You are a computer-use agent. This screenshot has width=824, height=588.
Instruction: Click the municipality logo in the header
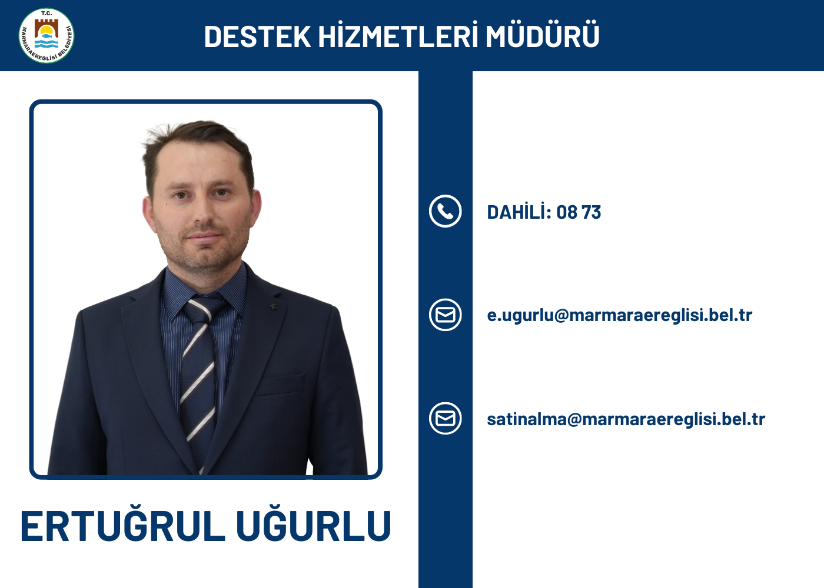click(x=46, y=36)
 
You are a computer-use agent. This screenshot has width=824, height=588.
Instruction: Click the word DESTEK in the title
click(x=258, y=36)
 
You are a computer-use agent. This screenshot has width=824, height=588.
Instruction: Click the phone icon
click(x=445, y=211)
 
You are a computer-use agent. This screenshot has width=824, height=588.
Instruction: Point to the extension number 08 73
click(x=579, y=212)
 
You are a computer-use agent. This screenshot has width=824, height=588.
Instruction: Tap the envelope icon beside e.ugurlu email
click(x=445, y=315)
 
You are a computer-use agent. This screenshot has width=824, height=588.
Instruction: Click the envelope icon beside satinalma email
click(x=445, y=418)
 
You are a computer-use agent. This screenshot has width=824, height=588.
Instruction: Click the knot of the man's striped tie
click(x=200, y=308)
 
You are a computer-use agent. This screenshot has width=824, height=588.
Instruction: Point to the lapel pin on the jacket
click(x=273, y=306)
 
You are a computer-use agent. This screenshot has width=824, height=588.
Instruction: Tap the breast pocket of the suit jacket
click(x=280, y=385)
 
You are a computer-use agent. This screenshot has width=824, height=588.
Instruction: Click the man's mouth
click(x=204, y=236)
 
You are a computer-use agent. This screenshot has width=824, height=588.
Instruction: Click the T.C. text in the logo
click(x=46, y=14)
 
